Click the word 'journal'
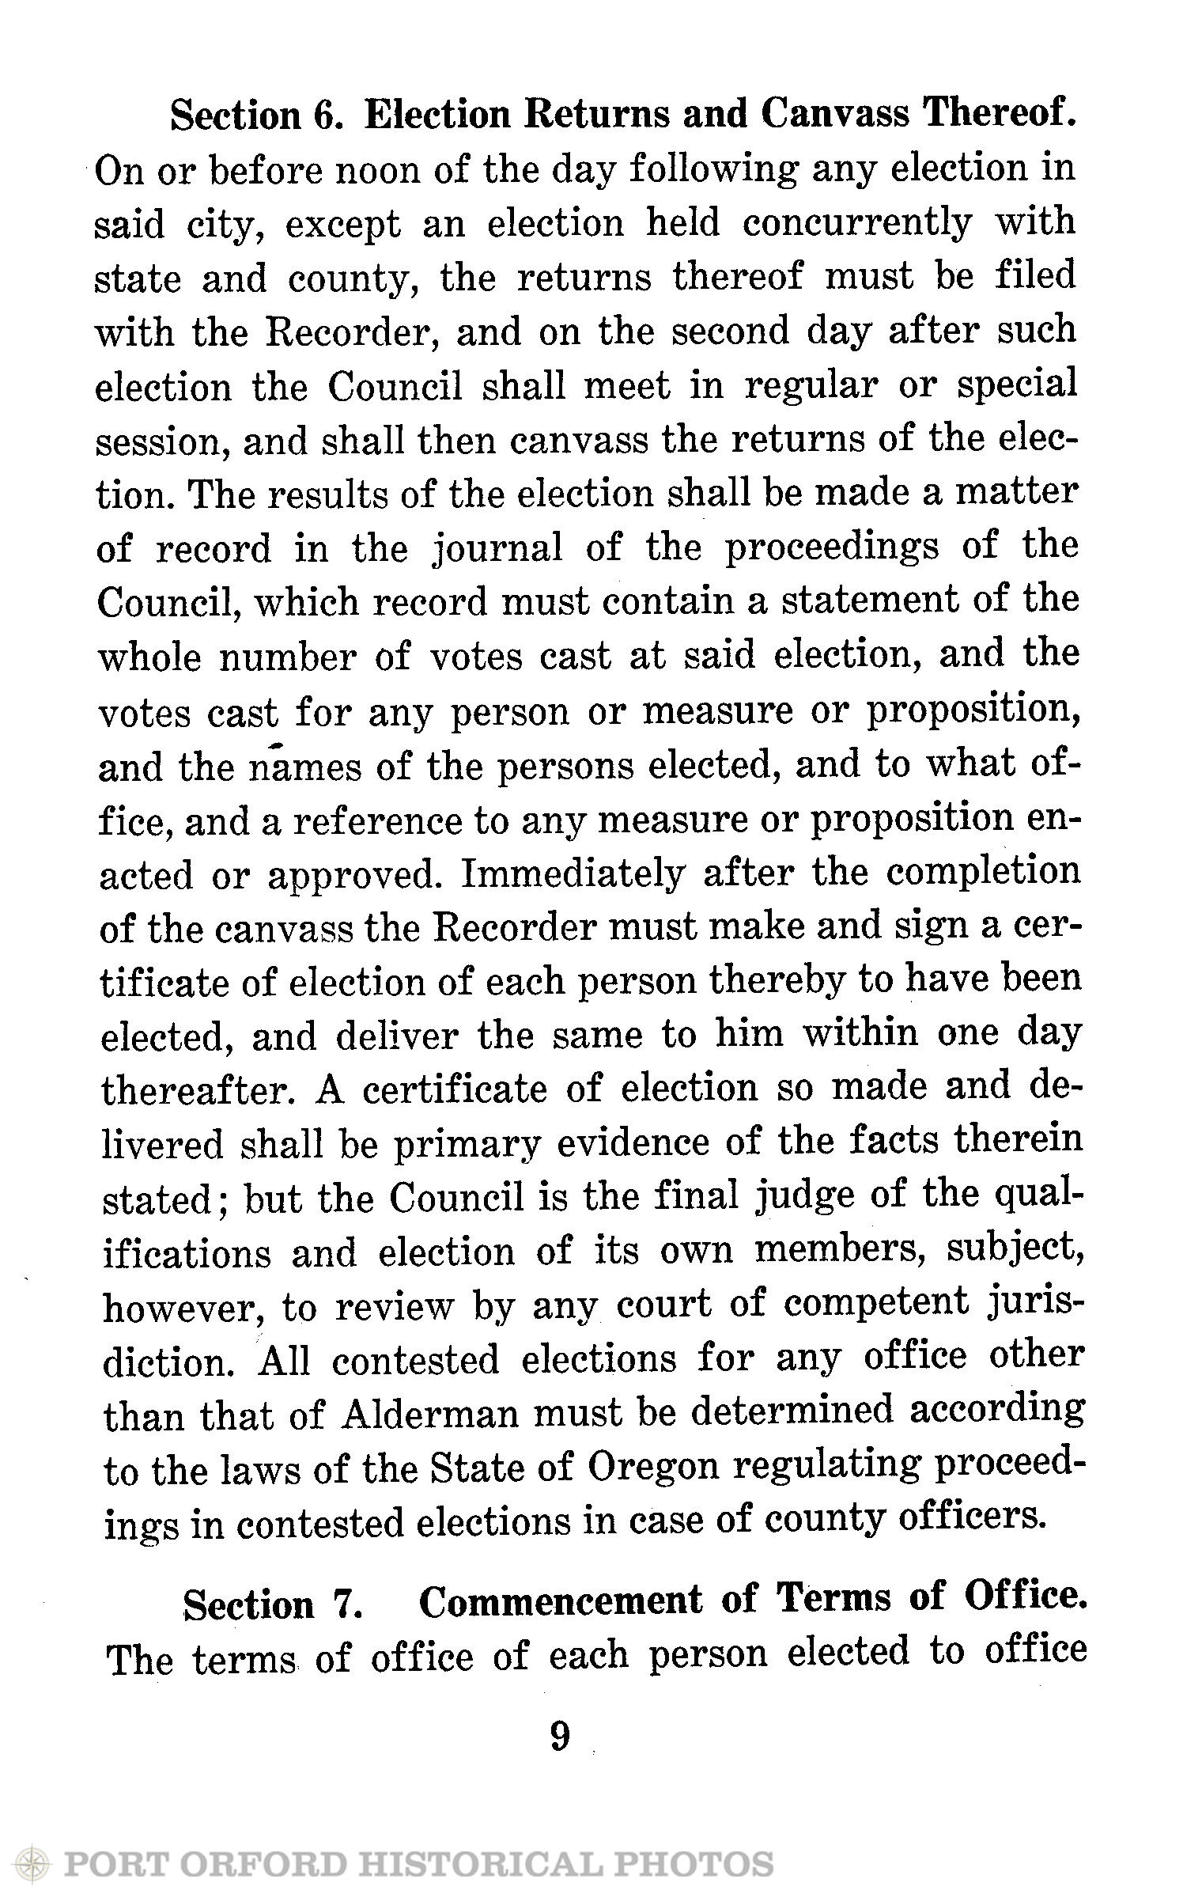[493, 548]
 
